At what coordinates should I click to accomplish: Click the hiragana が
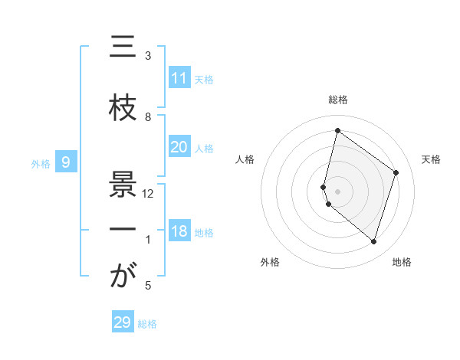point(123,277)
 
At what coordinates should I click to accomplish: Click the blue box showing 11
point(179,78)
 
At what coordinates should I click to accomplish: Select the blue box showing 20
point(179,147)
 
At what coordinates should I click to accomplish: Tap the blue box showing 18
point(179,232)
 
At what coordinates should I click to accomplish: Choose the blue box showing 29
point(123,322)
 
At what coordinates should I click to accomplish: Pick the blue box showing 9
point(67,162)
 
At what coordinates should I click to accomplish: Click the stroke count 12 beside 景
point(148,193)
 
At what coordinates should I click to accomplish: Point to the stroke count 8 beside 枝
point(148,116)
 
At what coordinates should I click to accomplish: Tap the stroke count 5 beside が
point(148,286)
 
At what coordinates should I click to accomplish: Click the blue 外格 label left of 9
point(40,163)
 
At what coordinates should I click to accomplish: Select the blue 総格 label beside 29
point(147,324)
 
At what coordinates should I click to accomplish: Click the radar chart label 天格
point(431,159)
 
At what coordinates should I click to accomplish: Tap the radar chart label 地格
point(402,262)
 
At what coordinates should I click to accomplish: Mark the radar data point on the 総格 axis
point(337,131)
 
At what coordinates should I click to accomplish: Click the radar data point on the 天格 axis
point(396,172)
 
